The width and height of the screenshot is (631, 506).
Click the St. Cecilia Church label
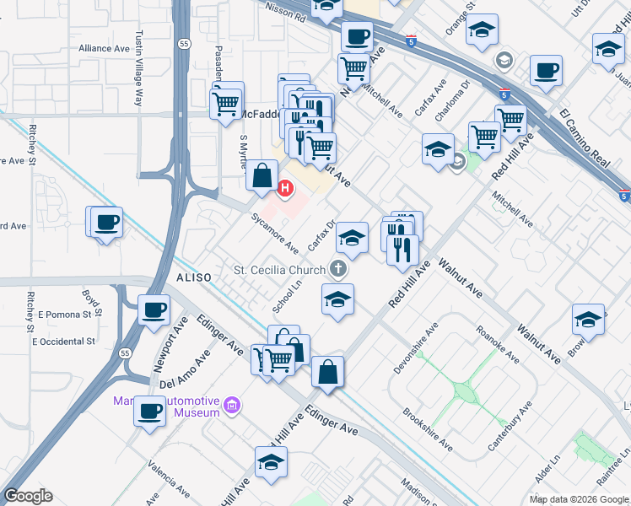tap(279, 270)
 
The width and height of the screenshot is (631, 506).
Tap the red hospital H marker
tap(285, 188)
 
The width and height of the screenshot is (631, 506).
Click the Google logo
tap(28, 496)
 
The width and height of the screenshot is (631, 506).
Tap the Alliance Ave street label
tap(104, 49)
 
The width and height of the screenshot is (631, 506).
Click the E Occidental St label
tap(64, 342)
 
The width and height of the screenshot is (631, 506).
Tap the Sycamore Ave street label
tap(274, 234)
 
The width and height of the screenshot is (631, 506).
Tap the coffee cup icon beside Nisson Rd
tap(357, 36)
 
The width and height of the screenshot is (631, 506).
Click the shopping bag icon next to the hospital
tap(262, 175)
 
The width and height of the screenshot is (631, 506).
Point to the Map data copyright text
tap(579, 499)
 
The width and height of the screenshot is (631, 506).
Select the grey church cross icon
tap(338, 270)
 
